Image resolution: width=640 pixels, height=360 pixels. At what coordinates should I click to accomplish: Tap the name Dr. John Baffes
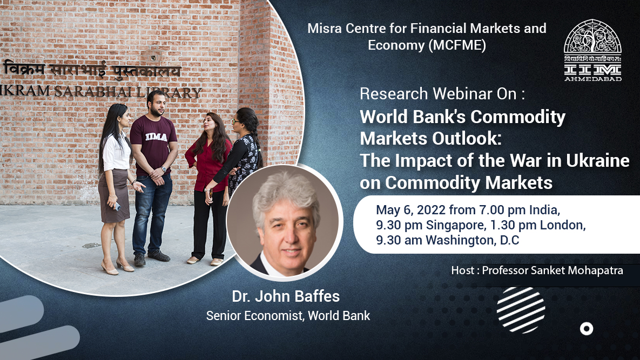coord(286,296)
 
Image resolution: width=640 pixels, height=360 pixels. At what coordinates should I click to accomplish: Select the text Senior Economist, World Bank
coord(288,316)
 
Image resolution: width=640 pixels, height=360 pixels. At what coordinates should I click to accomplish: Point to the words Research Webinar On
coord(442,93)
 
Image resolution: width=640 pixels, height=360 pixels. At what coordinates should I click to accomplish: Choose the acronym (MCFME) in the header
coord(457,45)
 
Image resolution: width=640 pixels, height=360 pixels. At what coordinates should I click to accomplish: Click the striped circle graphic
coord(521,309)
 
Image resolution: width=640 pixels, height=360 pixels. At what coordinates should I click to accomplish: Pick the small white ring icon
coord(586,328)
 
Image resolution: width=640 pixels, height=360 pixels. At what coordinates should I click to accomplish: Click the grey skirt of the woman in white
coord(113,195)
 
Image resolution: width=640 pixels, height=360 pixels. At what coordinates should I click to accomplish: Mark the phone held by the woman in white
coord(118,206)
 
